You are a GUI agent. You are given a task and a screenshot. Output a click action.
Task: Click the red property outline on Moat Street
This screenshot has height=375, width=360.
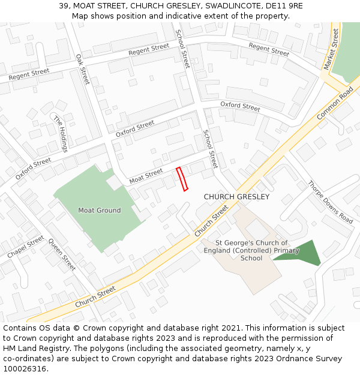[182, 179]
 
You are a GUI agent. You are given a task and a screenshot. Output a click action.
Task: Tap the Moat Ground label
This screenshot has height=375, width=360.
[100, 211]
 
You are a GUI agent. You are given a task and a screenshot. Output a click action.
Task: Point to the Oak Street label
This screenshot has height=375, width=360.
[82, 68]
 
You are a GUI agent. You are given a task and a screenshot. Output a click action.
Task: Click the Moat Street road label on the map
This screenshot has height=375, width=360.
[146, 176]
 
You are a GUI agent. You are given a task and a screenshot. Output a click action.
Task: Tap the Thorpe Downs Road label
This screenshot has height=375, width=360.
[330, 202]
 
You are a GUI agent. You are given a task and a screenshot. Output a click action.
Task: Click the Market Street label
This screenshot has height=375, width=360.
[331, 47]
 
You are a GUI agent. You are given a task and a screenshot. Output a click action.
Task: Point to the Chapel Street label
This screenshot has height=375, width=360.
[26, 247]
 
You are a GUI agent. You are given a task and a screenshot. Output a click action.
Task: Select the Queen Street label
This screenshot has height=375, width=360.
[62, 254]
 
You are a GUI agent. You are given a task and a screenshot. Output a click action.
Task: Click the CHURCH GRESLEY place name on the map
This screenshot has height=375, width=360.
[236, 197]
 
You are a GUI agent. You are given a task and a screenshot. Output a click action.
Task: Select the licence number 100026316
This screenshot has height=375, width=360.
[25, 368]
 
